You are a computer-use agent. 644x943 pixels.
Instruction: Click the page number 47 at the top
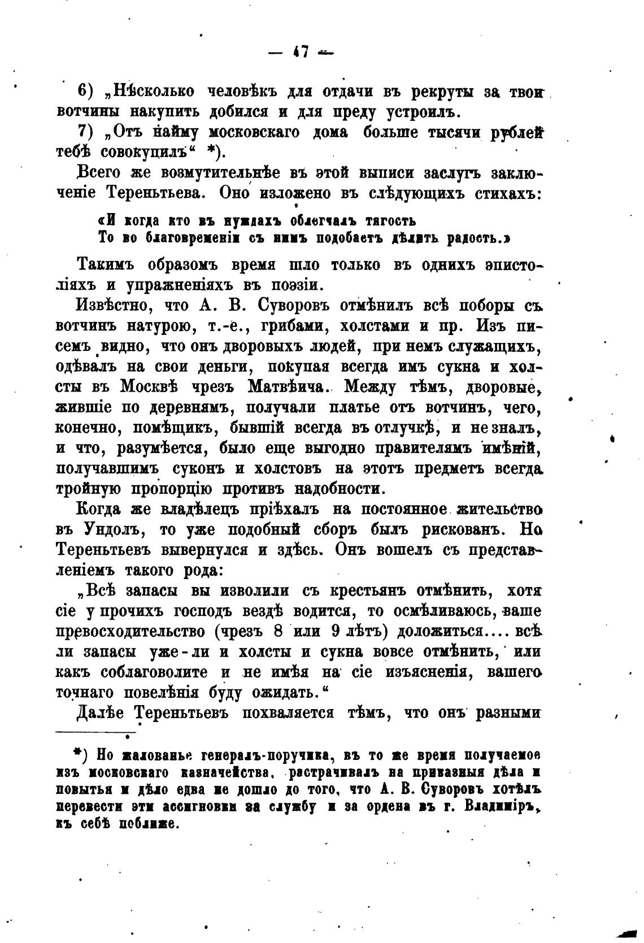point(300,53)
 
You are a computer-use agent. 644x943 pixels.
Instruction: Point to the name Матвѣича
point(290,387)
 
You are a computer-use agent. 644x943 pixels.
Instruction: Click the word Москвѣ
point(148,387)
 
